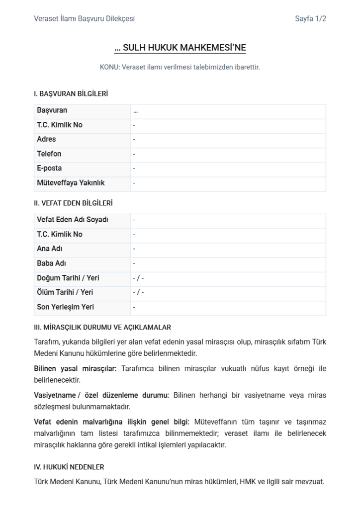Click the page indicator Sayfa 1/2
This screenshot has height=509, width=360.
point(310,19)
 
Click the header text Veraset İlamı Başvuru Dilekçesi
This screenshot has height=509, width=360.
point(84,19)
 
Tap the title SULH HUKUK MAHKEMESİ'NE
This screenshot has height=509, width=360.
point(180,48)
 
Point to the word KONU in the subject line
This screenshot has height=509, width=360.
point(108,67)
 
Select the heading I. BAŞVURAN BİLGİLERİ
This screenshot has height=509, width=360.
point(71,93)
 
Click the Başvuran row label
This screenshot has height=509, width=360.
point(52,110)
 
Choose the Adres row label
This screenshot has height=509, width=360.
point(46,139)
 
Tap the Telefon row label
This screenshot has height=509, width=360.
point(49,154)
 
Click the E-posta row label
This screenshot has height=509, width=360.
point(49,169)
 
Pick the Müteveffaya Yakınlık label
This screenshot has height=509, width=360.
point(71,183)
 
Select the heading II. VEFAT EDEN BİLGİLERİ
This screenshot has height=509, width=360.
point(73,203)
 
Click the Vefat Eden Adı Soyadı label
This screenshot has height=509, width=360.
point(73,220)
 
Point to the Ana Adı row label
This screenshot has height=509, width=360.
point(50,249)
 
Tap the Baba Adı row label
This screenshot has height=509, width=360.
point(52,263)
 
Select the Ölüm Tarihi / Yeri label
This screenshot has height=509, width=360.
point(65,293)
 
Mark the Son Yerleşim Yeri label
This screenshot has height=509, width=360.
point(66,307)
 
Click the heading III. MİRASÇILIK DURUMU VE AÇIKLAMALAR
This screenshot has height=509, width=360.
point(102,328)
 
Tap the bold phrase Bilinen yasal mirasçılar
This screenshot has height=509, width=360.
point(75,368)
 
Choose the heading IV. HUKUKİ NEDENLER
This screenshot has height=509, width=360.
point(69,467)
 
